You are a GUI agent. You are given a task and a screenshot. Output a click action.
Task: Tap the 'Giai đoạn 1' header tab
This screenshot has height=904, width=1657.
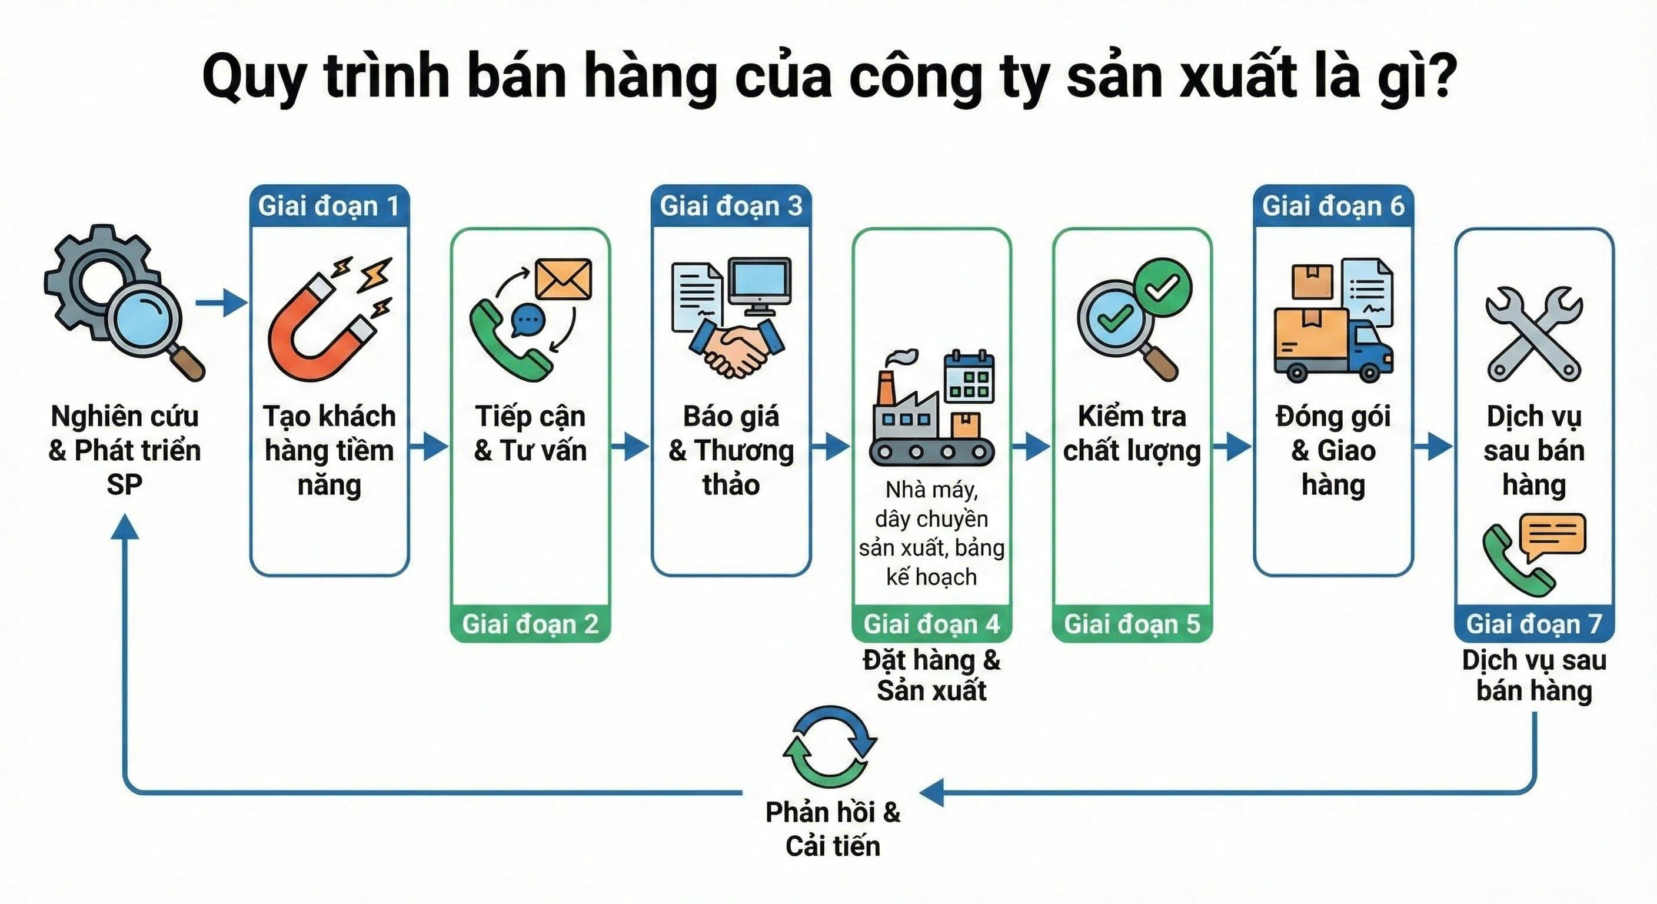(x=329, y=207)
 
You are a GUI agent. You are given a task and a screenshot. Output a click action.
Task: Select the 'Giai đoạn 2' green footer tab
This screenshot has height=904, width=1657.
(x=530, y=623)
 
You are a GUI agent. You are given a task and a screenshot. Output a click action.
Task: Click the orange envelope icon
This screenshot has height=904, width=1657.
(x=564, y=279)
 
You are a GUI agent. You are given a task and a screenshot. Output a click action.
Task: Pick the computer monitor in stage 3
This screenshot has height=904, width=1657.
(x=760, y=285)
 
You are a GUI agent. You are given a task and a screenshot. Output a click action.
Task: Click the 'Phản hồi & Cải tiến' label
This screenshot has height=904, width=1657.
(x=833, y=829)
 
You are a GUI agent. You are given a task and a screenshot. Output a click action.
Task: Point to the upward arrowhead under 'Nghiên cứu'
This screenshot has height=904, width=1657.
(x=125, y=527)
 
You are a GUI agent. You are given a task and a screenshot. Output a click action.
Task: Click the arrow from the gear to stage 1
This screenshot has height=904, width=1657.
(x=221, y=302)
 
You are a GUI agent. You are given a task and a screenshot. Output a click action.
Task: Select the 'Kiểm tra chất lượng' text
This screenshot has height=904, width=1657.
(x=1132, y=433)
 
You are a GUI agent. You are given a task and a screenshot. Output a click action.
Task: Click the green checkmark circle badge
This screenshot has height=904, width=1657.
(x=1162, y=288)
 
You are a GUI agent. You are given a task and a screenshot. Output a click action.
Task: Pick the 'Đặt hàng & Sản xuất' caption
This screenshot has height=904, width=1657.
(x=931, y=675)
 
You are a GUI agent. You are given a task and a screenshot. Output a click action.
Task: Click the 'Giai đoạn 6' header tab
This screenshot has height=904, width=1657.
(x=1333, y=207)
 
